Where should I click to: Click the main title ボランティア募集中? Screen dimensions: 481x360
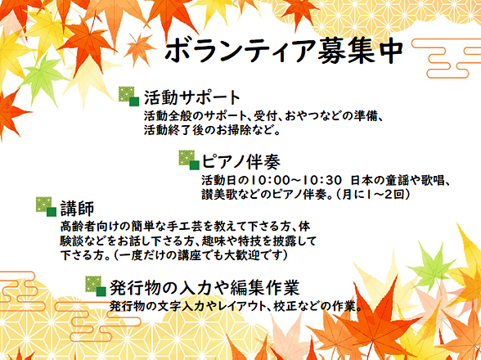[284, 51]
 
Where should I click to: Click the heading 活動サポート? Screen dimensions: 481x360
[192, 97]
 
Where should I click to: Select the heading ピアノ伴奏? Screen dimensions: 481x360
[240, 161]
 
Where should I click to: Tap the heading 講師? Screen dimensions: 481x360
[77, 209]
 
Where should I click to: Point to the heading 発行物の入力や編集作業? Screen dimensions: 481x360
[205, 287]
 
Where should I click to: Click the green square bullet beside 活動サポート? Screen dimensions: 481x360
[129, 97]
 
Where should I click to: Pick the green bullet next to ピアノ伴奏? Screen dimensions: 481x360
[189, 160]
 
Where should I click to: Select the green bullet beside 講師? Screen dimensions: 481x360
[47, 207]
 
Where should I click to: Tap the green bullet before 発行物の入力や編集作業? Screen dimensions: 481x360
[96, 286]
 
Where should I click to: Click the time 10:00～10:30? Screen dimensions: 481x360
[296, 180]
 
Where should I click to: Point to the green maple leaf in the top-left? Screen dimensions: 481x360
[43, 78]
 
